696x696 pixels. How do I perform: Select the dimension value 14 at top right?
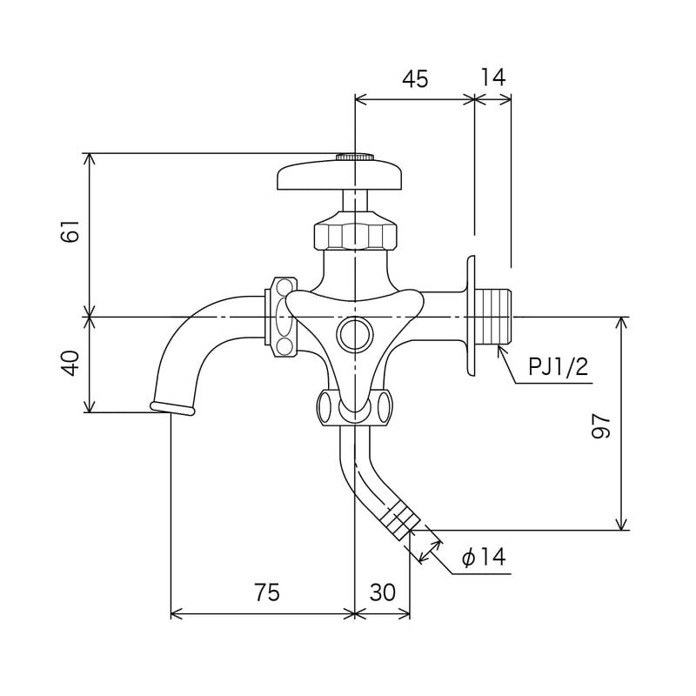(492, 77)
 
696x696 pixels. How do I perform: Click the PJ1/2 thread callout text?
(559, 366)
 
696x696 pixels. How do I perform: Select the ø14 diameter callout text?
(484, 558)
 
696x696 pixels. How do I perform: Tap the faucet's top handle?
(341, 177)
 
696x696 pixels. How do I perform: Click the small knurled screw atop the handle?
(355, 157)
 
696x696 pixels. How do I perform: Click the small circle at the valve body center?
(355, 332)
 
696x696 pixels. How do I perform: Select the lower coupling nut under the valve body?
(354, 406)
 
